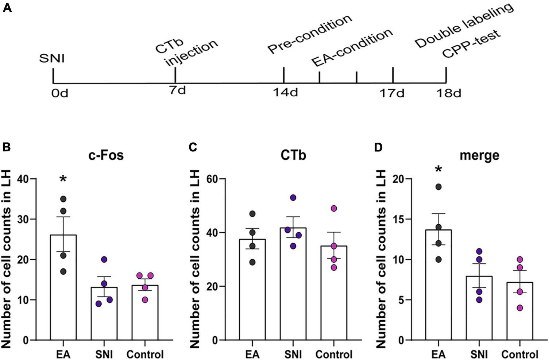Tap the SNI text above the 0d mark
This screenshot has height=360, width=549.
point(53,58)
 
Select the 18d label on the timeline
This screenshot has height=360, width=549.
point(449,93)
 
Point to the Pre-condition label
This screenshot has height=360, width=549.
point(310,35)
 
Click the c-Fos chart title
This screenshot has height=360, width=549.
point(106,155)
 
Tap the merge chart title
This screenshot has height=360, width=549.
point(479,155)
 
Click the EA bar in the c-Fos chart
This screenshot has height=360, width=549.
point(63,288)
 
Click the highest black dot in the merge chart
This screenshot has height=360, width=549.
point(438,187)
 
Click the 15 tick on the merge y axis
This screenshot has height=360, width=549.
point(399,219)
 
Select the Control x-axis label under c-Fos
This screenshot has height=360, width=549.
point(145,354)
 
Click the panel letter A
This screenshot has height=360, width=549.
point(7,8)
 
